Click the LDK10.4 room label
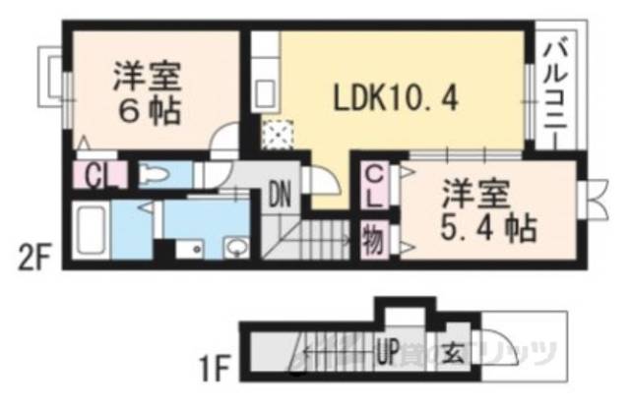(393, 98)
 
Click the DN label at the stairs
(281, 194)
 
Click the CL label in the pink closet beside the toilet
(97, 178)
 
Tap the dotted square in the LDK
(280, 133)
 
